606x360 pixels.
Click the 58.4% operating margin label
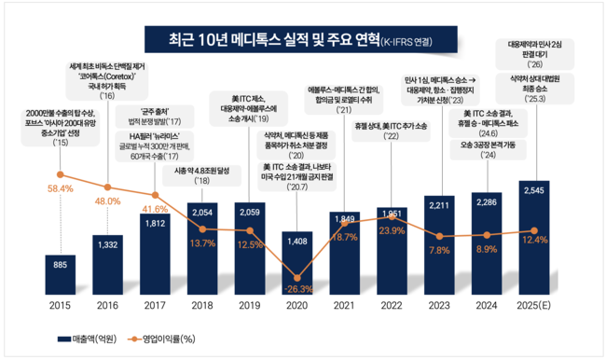(60, 188)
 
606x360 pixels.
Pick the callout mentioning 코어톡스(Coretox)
(108, 81)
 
